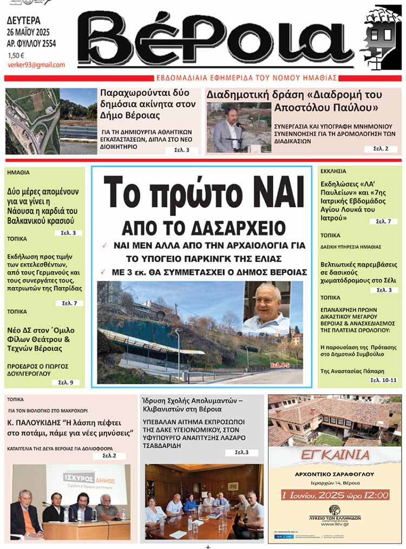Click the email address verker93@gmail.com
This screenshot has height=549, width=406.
pos(36,65)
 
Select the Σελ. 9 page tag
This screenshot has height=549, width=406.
pos(66,382)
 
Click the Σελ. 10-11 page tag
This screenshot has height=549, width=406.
pos(383,380)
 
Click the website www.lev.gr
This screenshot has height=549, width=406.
pos(335,524)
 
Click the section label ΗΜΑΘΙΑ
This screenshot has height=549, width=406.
pos(18,173)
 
